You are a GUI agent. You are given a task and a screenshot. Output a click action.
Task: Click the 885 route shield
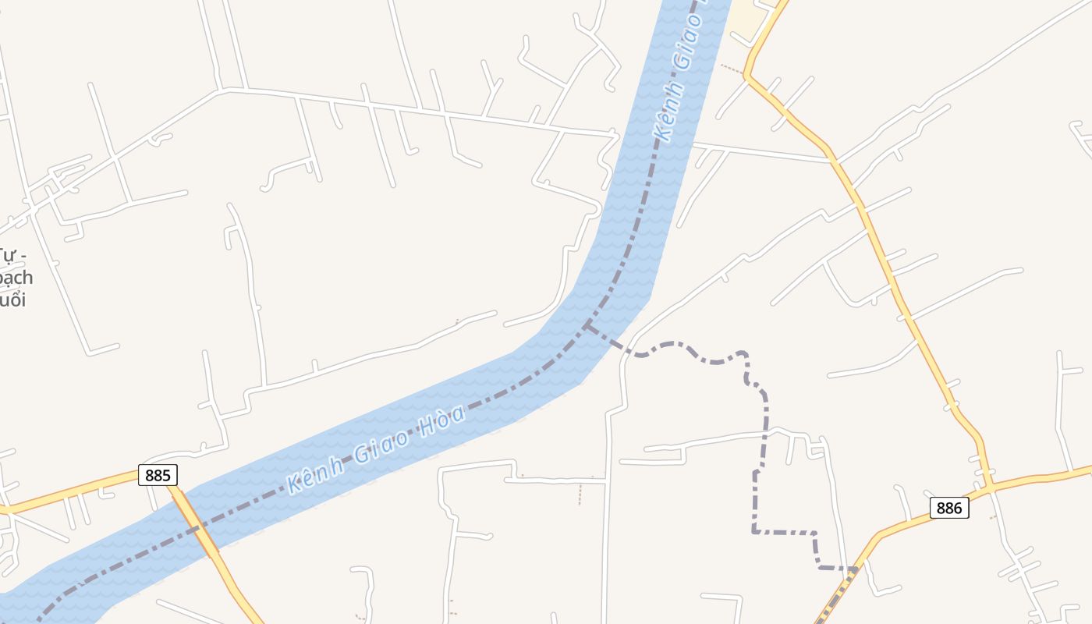point(158,474)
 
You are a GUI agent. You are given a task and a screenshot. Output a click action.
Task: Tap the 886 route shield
point(949,508)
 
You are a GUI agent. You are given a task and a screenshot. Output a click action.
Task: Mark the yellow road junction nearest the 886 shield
point(989,489)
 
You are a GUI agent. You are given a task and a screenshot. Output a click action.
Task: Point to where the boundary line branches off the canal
point(587,324)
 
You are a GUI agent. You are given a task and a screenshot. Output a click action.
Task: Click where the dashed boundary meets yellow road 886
point(856,570)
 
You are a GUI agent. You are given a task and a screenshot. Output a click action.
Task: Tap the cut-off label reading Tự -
point(12,256)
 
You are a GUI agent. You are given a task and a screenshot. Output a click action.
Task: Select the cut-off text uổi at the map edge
point(12,300)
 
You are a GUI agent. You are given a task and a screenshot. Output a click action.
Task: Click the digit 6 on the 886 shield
point(959,508)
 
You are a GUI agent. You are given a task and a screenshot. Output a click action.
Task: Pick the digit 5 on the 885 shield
point(168,474)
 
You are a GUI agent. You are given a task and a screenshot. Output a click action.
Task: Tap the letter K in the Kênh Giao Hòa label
point(295,484)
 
